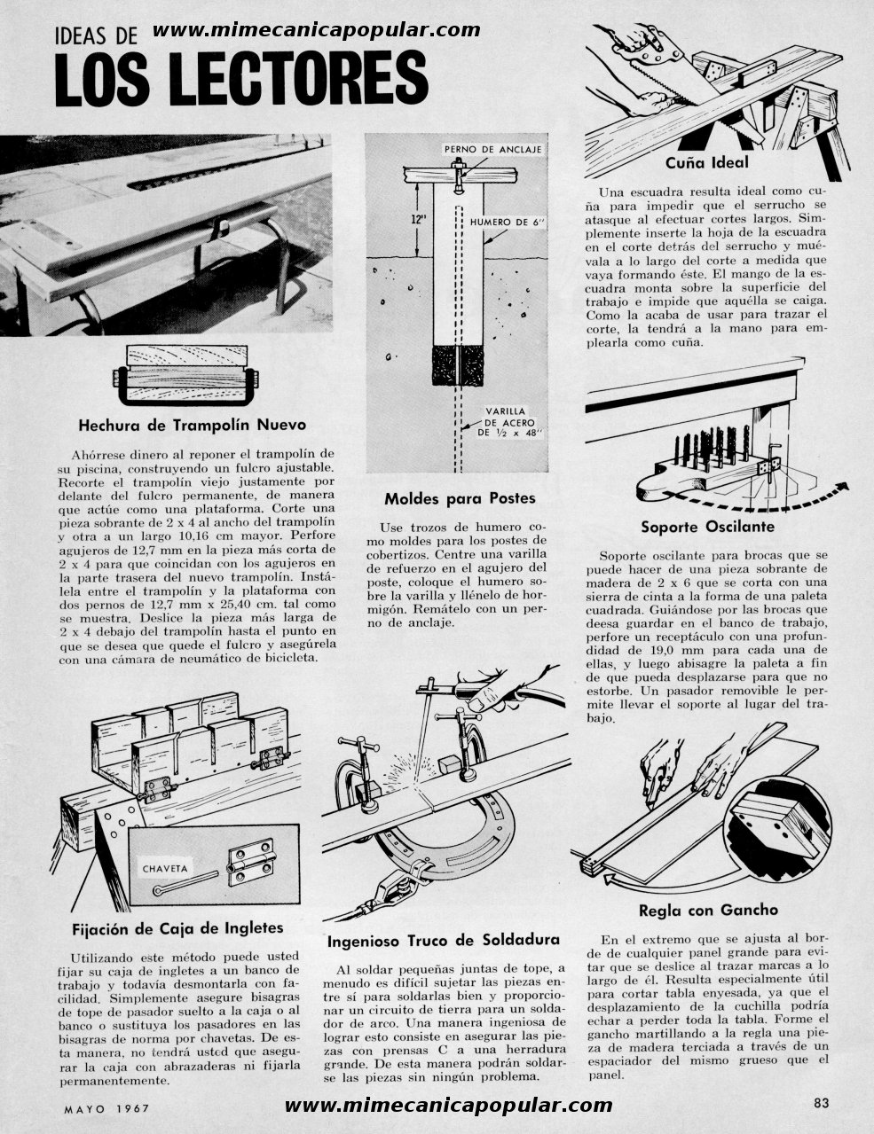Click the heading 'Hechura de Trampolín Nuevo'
(193, 425)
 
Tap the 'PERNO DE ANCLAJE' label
(492, 149)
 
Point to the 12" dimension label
(419, 220)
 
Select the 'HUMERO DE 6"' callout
(508, 222)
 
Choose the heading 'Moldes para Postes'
(460, 498)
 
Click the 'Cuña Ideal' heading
(707, 163)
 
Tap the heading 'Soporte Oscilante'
(707, 527)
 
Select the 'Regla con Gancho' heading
(708, 910)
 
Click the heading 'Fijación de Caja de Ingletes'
(177, 928)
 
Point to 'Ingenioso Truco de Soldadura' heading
(444, 941)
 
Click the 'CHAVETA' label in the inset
(165, 869)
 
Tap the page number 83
(822, 1103)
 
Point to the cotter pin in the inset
(185, 882)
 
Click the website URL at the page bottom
(449, 1106)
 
